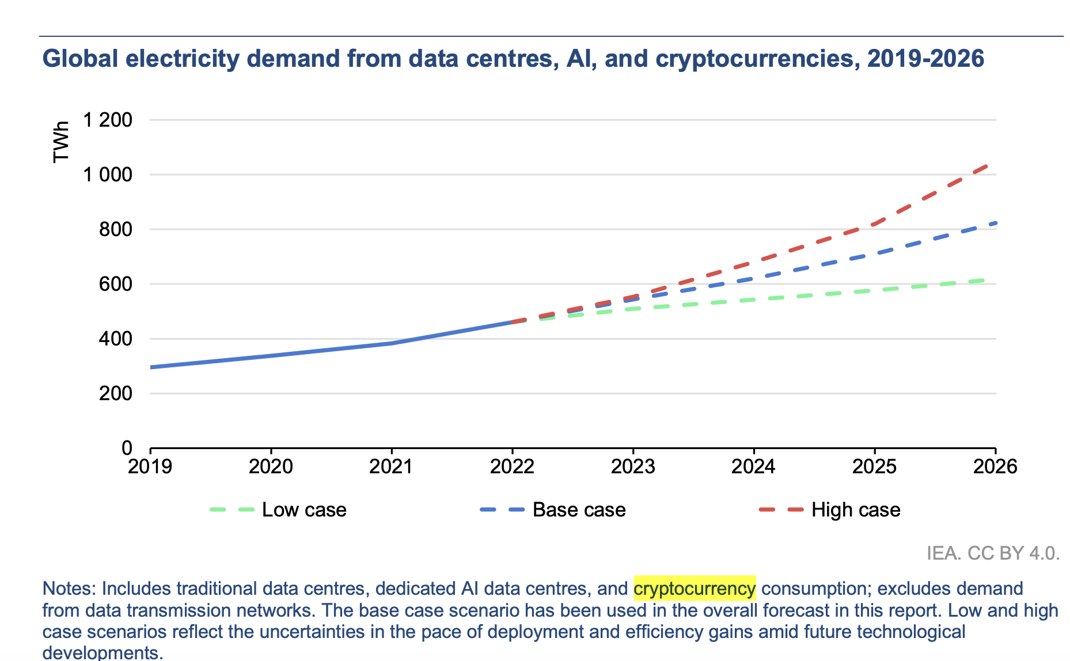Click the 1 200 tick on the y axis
(x=108, y=120)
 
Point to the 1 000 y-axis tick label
(x=108, y=174)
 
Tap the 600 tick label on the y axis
(x=115, y=284)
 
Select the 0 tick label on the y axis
(x=127, y=448)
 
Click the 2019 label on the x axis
(x=150, y=466)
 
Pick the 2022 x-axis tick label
(x=512, y=466)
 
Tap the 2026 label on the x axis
(x=995, y=466)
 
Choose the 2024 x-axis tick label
(x=753, y=466)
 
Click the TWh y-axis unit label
(x=61, y=142)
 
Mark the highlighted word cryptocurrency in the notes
(x=695, y=588)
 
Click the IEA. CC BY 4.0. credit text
(x=993, y=553)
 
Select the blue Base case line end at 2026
(x=994, y=223)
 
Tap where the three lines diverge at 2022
(x=512, y=322)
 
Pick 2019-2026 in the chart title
(x=925, y=59)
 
